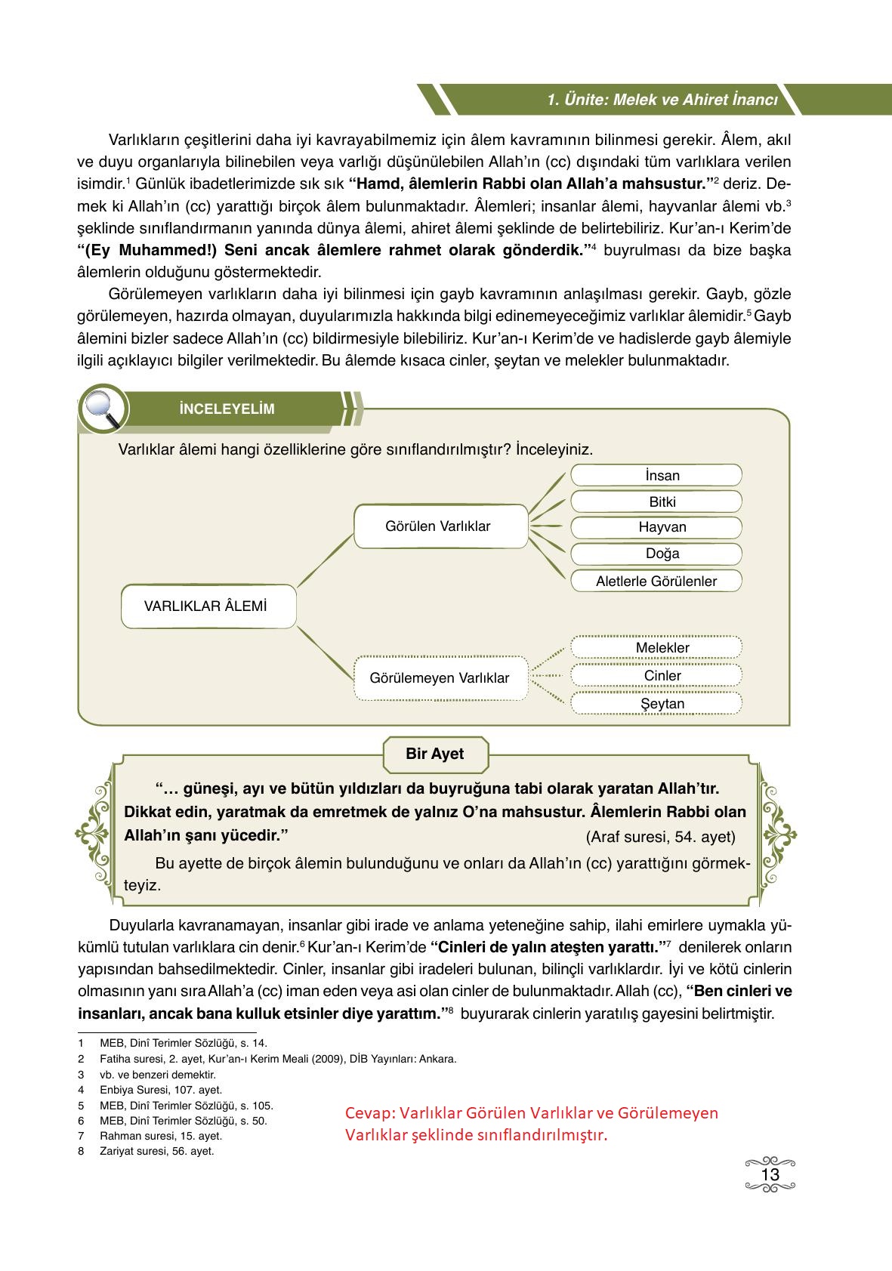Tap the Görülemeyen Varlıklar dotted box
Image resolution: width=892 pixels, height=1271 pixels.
[x=440, y=677]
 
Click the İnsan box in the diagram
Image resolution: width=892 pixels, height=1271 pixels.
[x=656, y=475]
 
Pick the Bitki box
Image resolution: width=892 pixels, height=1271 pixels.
[x=656, y=501]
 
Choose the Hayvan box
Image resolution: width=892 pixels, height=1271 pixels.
[x=656, y=527]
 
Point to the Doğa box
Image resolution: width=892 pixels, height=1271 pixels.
[x=656, y=554]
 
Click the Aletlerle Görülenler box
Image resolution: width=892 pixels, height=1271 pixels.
[x=656, y=581]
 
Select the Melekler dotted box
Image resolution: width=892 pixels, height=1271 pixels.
[x=656, y=648]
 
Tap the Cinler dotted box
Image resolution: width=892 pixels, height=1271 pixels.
[x=656, y=676]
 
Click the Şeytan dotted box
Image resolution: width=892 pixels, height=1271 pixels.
[x=656, y=704]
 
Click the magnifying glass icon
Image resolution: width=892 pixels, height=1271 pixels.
[x=102, y=409]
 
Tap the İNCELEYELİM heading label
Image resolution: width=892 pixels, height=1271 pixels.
[x=227, y=409]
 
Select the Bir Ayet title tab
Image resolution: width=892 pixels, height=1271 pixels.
[x=435, y=754]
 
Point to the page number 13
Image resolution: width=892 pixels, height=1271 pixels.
[x=770, y=1175]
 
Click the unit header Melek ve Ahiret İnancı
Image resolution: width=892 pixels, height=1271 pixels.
[x=662, y=100]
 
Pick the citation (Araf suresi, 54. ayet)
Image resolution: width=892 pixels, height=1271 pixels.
[x=660, y=837]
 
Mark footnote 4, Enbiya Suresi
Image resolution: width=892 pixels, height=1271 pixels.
[x=160, y=1090]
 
